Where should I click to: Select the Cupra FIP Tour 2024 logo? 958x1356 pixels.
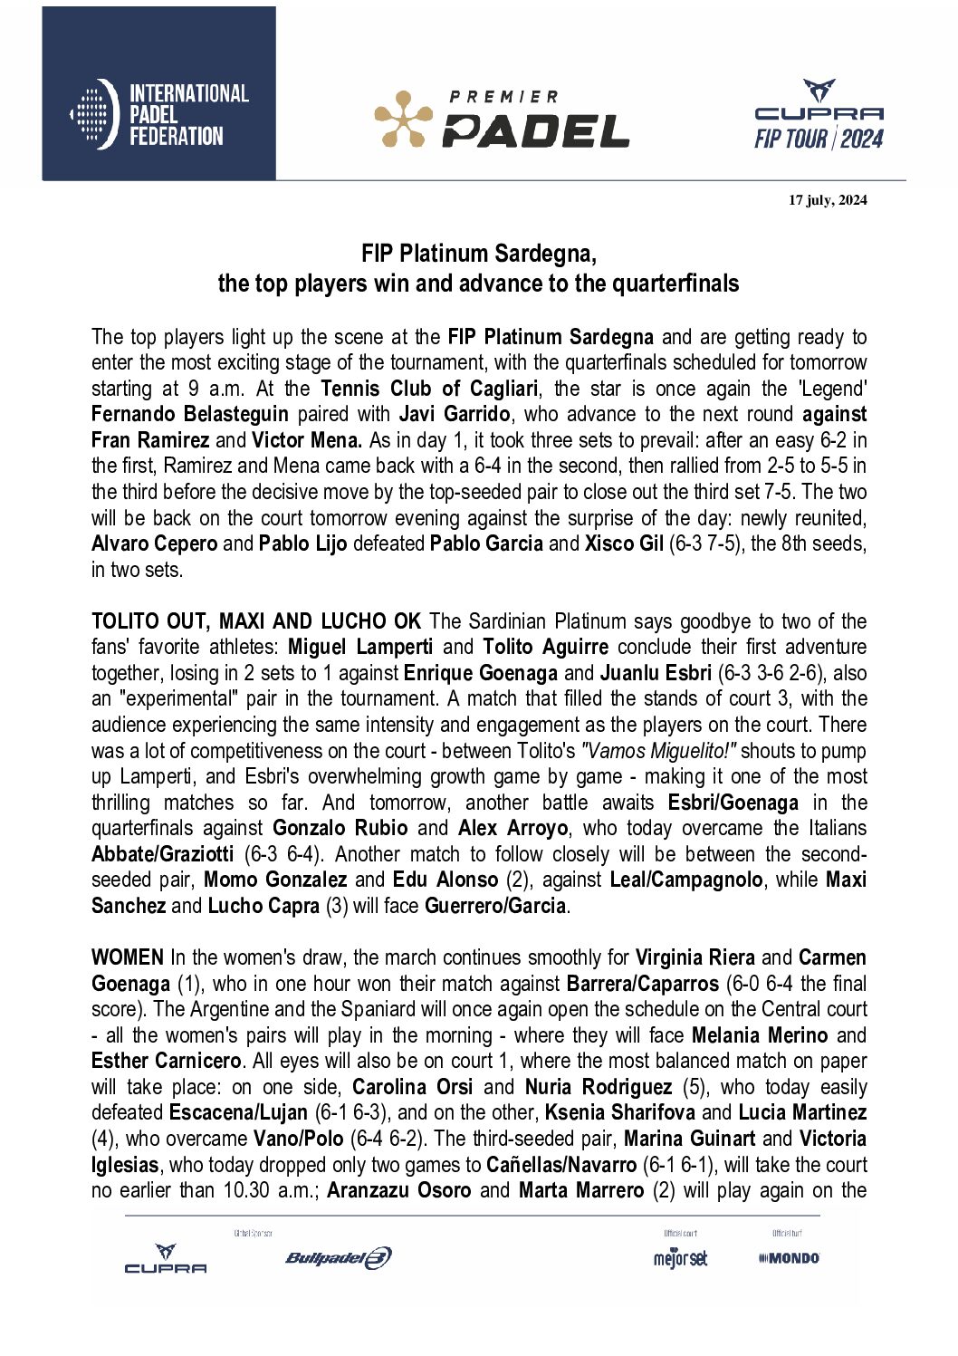[819, 115]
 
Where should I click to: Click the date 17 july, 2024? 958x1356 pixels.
[827, 200]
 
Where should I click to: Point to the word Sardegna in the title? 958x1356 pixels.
[545, 254]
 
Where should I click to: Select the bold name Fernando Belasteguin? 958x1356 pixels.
[190, 415]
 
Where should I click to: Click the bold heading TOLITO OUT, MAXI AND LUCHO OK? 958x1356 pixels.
[256, 621]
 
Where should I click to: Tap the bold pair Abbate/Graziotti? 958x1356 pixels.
[163, 854]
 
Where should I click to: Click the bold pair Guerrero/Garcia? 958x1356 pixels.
[495, 906]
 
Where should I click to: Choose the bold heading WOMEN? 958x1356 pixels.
[128, 957]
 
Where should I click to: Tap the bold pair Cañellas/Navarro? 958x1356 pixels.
[561, 1165]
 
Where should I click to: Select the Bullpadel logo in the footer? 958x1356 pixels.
[339, 1258]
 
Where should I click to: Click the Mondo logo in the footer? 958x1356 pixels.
[789, 1258]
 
